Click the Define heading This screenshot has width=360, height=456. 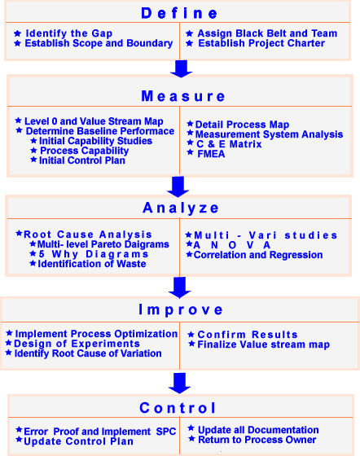click(179, 13)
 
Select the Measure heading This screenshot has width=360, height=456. click(183, 96)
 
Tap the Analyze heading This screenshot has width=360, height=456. click(180, 208)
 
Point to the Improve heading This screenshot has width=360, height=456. click(181, 310)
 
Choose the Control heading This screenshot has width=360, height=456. click(178, 408)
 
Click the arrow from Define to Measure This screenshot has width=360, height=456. click(181, 69)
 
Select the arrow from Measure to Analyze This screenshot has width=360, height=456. click(178, 186)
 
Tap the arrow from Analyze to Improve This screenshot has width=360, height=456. click(180, 287)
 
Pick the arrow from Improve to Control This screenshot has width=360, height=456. click(180, 384)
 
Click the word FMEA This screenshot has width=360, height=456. click(211, 154)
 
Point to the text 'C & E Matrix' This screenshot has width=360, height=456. click(229, 144)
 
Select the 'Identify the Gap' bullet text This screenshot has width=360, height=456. click(69, 33)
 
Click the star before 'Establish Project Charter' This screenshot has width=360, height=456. click(190, 43)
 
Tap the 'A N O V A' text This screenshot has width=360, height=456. click(232, 245)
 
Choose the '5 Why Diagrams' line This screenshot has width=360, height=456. click(94, 254)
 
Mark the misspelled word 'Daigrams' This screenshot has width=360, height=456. click(150, 244)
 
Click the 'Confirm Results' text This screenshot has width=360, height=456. click(248, 335)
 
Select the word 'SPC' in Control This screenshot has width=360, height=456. click(166, 432)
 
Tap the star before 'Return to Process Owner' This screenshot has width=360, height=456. click(191, 438)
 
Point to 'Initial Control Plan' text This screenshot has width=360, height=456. click(82, 160)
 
